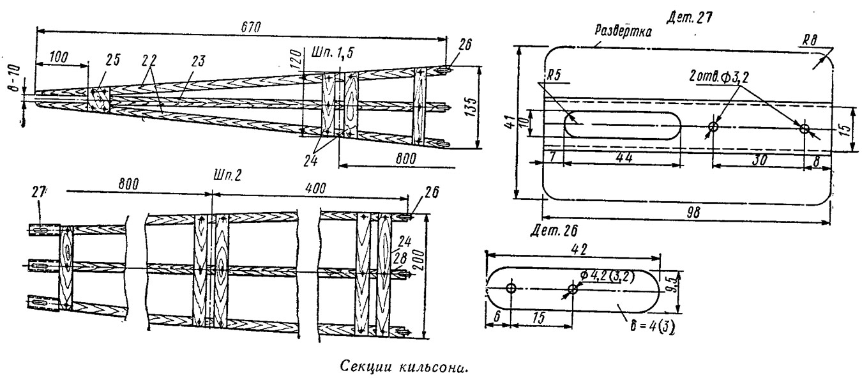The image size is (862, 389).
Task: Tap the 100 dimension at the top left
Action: pos(58,57)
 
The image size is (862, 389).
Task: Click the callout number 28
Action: pos(400,257)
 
